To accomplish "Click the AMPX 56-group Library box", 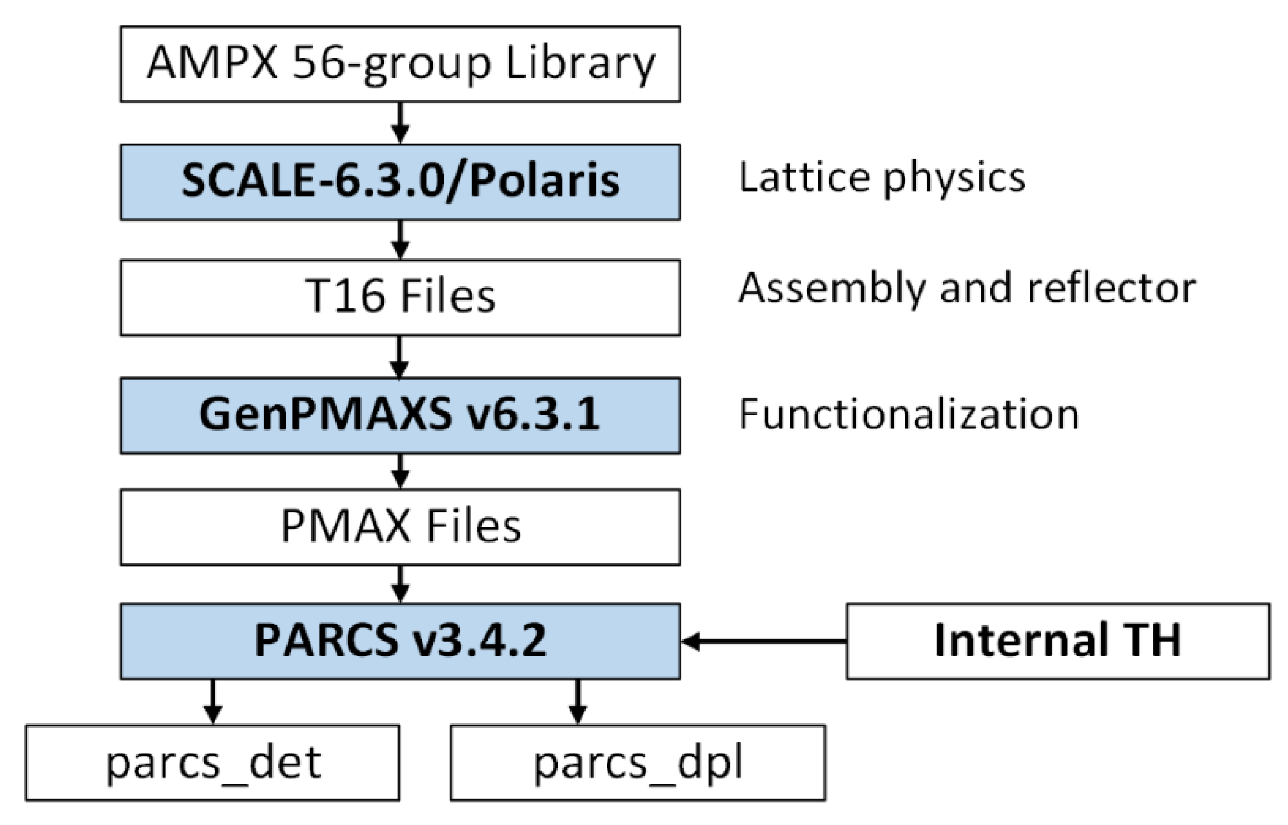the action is coord(400,64).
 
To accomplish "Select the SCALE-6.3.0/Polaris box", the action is coord(400,181).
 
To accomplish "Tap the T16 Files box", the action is coord(400,298).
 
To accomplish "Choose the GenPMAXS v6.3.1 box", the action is coord(400,415).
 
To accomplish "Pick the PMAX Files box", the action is coord(400,527).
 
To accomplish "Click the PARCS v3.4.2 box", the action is coord(400,641).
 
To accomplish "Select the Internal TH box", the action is coord(1058,641).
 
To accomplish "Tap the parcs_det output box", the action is coord(212,763).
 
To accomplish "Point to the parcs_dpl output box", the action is coord(638,763).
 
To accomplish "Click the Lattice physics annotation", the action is coord(881,178).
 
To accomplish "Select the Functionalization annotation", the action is coord(908,415).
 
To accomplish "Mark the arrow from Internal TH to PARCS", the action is coord(764,641).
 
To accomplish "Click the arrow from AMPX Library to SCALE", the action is coord(400,123).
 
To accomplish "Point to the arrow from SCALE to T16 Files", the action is coord(400,240).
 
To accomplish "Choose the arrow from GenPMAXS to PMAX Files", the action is coord(400,471).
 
